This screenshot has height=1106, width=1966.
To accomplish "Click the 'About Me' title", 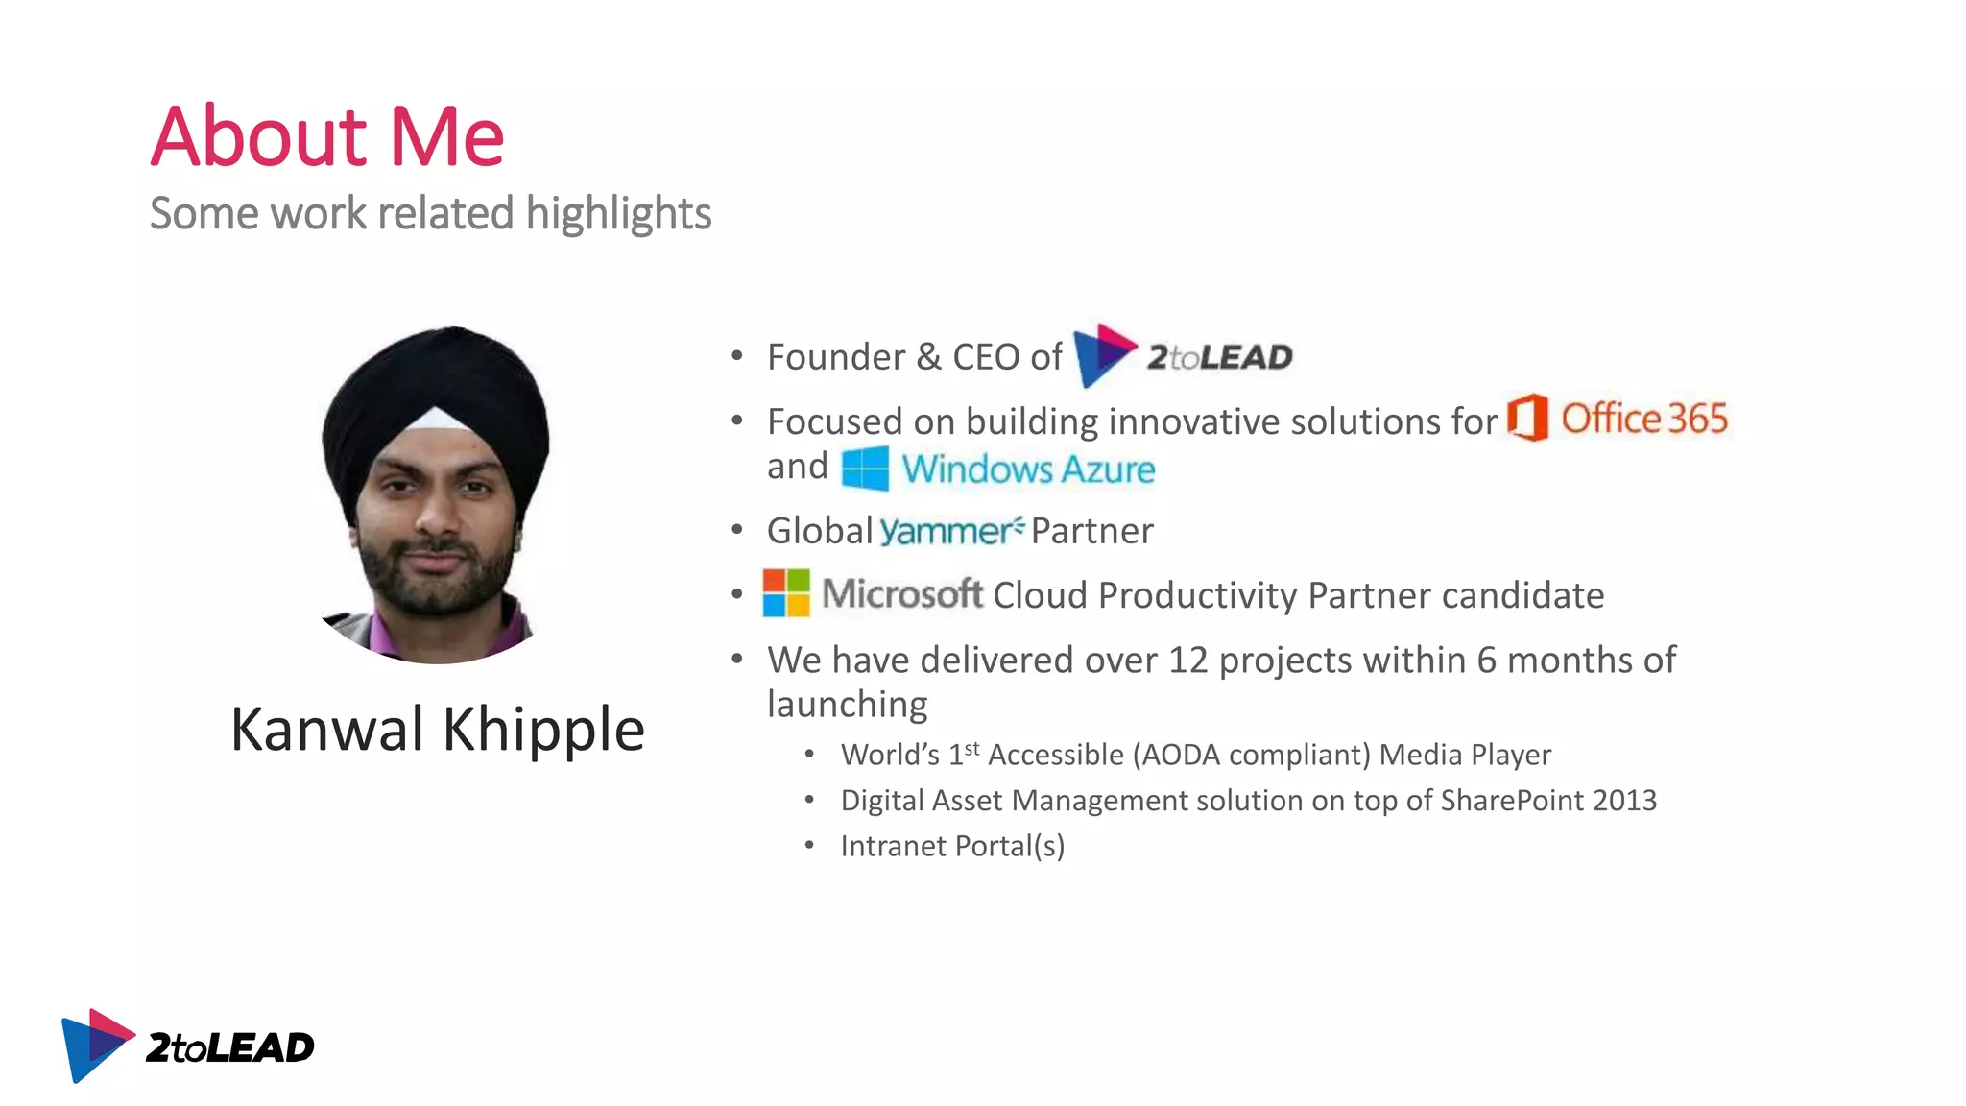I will pyautogui.click(x=326, y=136).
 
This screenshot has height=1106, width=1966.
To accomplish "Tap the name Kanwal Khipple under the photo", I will pyautogui.click(x=437, y=730).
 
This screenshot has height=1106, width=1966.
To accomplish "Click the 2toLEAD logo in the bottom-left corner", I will pyautogui.click(x=187, y=1046).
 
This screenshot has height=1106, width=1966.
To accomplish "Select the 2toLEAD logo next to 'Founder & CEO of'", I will pyautogui.click(x=1183, y=356).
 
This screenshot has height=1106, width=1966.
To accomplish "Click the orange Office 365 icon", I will pyautogui.click(x=1527, y=418).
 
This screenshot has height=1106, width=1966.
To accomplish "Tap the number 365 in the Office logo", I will pyautogui.click(x=1697, y=419).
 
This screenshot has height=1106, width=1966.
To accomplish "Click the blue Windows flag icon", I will pyautogui.click(x=865, y=469).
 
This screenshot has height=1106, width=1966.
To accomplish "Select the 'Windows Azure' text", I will pyautogui.click(x=1027, y=469).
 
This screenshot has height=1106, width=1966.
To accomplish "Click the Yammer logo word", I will pyautogui.click(x=948, y=531).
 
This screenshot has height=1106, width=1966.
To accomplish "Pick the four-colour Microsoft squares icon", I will pyautogui.click(x=786, y=593).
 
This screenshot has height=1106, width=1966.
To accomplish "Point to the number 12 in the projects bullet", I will pyautogui.click(x=1187, y=661).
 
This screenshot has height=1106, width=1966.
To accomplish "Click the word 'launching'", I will pyautogui.click(x=847, y=705).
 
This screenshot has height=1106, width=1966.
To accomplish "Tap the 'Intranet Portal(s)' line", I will pyautogui.click(x=952, y=846).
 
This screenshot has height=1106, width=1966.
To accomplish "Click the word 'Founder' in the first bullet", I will pyautogui.click(x=835, y=357).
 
